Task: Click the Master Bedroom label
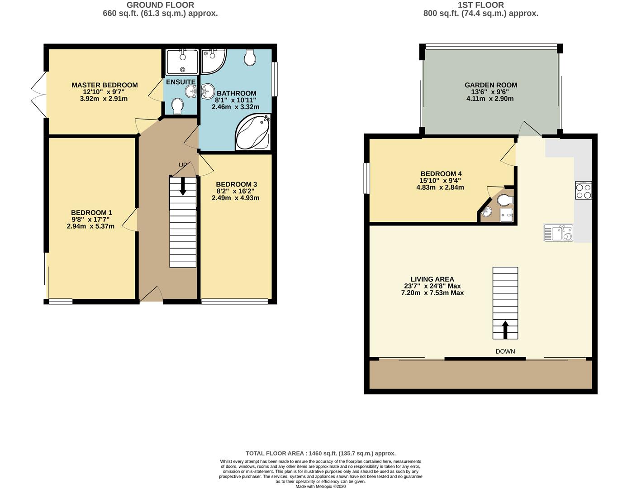pyautogui.click(x=104, y=85)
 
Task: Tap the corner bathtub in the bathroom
pyautogui.click(x=253, y=132)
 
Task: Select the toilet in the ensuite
pyautogui.click(x=177, y=106)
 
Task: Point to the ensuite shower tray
pyautogui.click(x=182, y=62)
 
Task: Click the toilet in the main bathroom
pyautogui.click(x=250, y=58)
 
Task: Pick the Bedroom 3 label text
pyautogui.click(x=236, y=184)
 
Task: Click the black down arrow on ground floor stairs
pyautogui.click(x=183, y=186)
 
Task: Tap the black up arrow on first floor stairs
pyautogui.click(x=505, y=330)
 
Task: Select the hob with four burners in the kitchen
pyautogui.click(x=583, y=191)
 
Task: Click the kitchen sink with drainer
pyautogui.click(x=558, y=233)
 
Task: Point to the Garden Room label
pyautogui.click(x=491, y=85)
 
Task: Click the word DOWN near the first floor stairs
pyautogui.click(x=505, y=351)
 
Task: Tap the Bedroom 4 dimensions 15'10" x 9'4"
pyautogui.click(x=441, y=181)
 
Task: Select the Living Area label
pyautogui.click(x=432, y=279)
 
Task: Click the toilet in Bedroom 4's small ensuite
pyautogui.click(x=505, y=201)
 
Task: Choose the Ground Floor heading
pyautogui.click(x=160, y=5)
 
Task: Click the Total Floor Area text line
pyautogui.click(x=321, y=453)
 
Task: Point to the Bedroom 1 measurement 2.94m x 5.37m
pyautogui.click(x=90, y=226)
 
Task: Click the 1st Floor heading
pyautogui.click(x=481, y=5)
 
